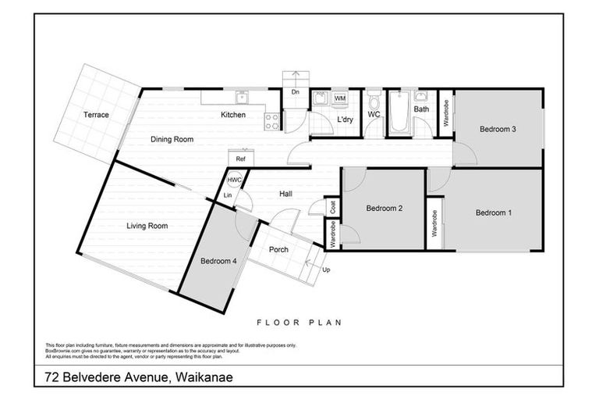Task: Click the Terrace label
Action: point(97,115)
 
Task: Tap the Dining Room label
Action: point(172,139)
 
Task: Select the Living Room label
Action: point(147,226)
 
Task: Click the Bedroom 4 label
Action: point(218,260)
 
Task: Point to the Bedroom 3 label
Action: point(498,129)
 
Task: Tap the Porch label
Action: point(278,250)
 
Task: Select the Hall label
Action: point(285,195)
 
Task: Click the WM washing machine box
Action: point(340,99)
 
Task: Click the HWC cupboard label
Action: point(235,180)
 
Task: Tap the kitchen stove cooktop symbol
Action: point(272,121)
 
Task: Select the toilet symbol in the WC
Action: point(374,102)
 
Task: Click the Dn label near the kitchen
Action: point(295,92)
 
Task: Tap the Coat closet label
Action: point(332,208)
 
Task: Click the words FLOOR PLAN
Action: point(299,321)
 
